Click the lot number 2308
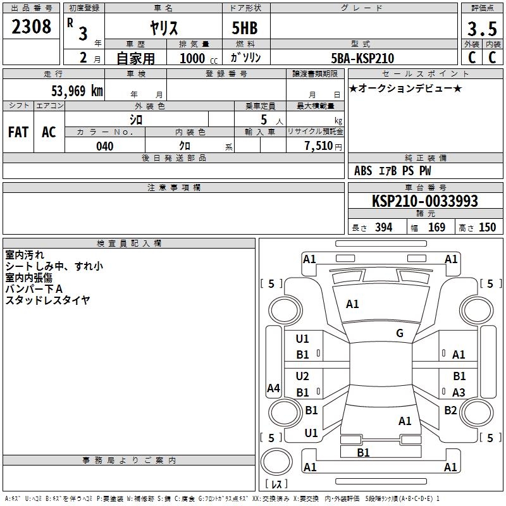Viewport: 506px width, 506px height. click(31, 27)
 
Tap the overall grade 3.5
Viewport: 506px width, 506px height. click(482, 28)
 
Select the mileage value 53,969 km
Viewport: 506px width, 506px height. click(77, 90)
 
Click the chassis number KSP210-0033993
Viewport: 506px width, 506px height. click(425, 201)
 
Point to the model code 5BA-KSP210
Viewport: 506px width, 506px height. click(362, 58)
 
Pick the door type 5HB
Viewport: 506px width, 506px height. click(245, 28)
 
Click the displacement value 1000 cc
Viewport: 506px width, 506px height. click(199, 59)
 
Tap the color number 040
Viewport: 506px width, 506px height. click(105, 146)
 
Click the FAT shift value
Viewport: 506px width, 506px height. click(18, 132)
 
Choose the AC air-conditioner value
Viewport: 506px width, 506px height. click(49, 132)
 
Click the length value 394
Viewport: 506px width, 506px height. click(384, 227)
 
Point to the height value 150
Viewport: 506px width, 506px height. click(487, 227)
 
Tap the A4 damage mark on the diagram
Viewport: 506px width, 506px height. click(273, 388)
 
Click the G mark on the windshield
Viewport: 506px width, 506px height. click(400, 333)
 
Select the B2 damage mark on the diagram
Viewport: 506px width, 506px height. click(450, 410)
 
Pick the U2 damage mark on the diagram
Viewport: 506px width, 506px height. click(302, 376)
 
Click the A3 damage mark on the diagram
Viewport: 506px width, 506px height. click(459, 392)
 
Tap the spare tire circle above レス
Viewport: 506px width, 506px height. click(276, 461)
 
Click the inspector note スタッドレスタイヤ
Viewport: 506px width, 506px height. click(47, 300)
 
